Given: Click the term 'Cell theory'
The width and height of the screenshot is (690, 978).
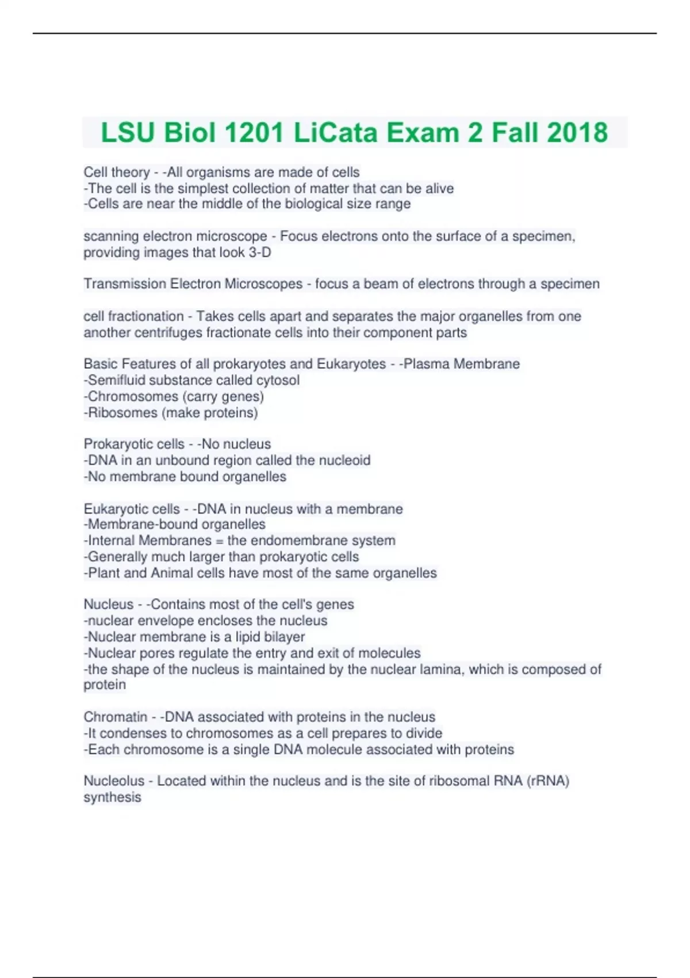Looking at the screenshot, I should [x=117, y=172].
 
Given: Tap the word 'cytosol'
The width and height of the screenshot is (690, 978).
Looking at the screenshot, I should [x=278, y=380].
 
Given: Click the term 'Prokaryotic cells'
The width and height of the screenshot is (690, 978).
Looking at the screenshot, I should [x=134, y=444].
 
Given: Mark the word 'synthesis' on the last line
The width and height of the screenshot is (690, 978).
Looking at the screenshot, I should [x=112, y=797].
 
